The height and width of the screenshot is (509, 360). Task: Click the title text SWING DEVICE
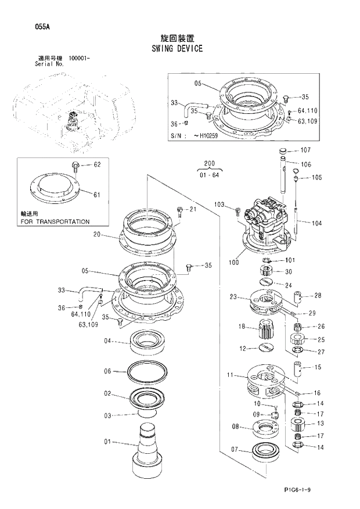click(179, 48)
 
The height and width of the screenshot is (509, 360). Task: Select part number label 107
click(305, 150)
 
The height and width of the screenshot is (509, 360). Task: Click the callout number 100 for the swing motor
click(234, 262)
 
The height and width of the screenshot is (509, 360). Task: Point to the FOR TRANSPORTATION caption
click(55, 221)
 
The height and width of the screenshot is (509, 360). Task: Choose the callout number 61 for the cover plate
click(96, 194)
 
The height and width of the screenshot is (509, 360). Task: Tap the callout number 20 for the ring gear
click(97, 235)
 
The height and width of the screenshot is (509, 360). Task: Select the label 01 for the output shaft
click(107, 442)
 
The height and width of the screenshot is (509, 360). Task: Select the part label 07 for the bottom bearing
click(235, 449)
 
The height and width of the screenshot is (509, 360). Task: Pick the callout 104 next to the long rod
click(316, 223)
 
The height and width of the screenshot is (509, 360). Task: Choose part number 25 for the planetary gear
click(321, 339)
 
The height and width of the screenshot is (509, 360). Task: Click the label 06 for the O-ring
click(107, 371)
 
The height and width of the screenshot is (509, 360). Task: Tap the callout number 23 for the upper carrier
click(233, 297)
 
